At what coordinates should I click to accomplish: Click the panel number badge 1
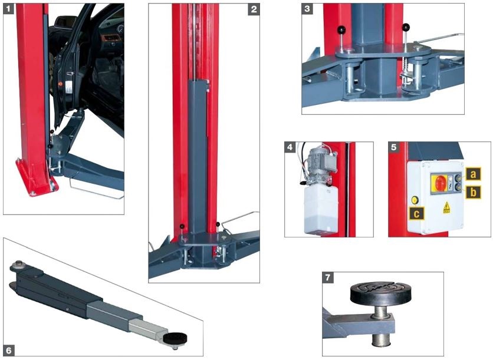8,8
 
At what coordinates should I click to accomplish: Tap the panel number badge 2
254,9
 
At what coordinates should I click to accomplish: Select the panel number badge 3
307,9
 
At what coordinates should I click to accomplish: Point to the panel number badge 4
290,147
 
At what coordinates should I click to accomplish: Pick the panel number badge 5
394,147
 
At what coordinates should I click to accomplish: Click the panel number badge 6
9,351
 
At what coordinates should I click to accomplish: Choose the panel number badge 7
328,278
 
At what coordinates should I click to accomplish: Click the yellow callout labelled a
473,174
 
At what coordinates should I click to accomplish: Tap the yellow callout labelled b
473,192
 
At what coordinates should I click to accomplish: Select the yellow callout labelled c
416,214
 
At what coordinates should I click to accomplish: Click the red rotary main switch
439,183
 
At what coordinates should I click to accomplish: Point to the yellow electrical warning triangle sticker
446,207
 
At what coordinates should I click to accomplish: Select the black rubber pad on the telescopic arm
175,338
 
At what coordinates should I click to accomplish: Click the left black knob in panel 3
342,30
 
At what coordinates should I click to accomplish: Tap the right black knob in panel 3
406,27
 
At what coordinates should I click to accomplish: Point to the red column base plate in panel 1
37,179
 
